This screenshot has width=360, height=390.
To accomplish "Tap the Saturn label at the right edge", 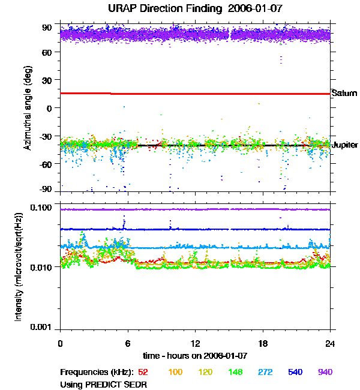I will [344, 93].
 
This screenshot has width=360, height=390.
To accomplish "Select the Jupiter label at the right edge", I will [345, 145].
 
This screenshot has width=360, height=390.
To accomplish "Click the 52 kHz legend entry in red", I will [143, 373].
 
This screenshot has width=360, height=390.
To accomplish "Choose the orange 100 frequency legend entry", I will [175, 373].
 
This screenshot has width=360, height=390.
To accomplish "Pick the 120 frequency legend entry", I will [205, 373].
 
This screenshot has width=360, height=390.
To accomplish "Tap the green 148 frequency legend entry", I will [235, 373].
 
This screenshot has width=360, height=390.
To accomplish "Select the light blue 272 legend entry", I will [265, 373].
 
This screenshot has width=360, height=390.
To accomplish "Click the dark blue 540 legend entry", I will [295, 373].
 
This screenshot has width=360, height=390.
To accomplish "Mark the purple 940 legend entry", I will [325, 373].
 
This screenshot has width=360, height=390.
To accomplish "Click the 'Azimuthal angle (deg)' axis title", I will [28, 108].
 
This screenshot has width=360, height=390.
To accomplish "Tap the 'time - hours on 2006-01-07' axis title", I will [195, 356].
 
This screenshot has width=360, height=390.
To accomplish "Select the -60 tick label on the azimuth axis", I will [45, 163].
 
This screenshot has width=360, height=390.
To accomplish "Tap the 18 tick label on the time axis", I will [263, 344].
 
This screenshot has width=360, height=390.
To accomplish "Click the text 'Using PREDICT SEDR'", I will [104, 384].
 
